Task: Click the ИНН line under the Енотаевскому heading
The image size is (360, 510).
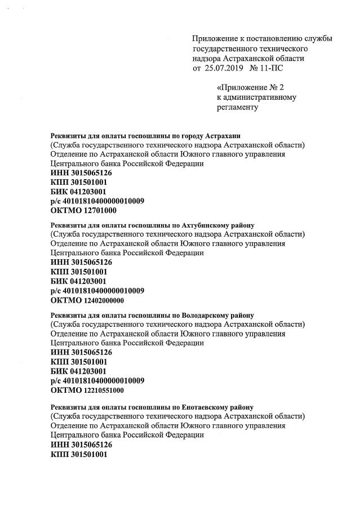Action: coord(81,445)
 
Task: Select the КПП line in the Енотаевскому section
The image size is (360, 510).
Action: coord(79,454)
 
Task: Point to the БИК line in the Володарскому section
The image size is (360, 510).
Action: coord(78,371)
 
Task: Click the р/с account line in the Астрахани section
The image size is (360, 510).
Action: coord(97,201)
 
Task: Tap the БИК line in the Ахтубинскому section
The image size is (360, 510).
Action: coord(78,281)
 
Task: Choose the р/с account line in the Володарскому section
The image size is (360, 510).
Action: coord(97,381)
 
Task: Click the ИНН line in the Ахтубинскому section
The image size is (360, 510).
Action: coord(81,262)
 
